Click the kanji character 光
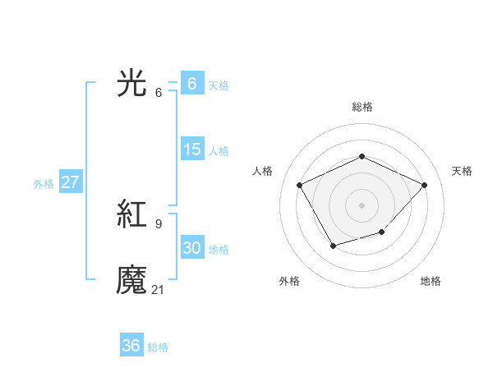(131, 83)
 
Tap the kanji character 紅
(131, 216)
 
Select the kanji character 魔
(131, 280)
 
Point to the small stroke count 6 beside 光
(159, 92)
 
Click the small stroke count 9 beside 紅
(159, 224)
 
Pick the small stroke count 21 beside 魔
(159, 288)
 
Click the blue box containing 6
(191, 84)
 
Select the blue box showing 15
(191, 149)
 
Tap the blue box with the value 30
(191, 248)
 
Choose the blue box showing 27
(70, 182)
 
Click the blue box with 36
(131, 346)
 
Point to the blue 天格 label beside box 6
(219, 85)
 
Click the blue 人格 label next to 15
(219, 150)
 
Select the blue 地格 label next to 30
(219, 249)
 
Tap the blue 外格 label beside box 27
(44, 184)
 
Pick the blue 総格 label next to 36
(158, 347)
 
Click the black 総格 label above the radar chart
(362, 107)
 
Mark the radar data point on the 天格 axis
(424, 185)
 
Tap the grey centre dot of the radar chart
(362, 204)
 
